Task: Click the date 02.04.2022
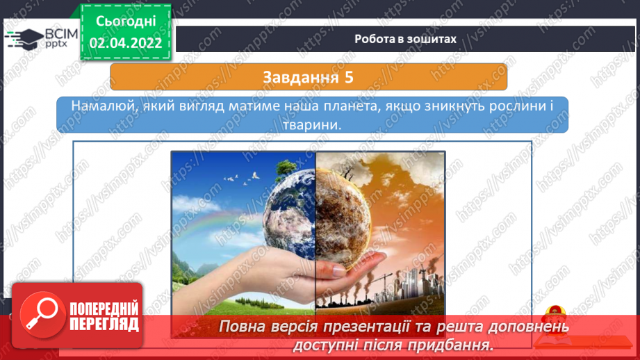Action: [126, 43]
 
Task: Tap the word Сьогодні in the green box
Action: [126, 22]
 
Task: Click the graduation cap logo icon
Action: [24, 39]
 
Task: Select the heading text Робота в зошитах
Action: [405, 39]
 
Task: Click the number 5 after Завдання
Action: [349, 78]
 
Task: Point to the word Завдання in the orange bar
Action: [301, 78]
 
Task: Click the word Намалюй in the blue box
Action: [104, 106]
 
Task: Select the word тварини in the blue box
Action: [312, 125]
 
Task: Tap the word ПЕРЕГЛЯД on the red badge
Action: [104, 325]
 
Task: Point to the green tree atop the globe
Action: [286, 169]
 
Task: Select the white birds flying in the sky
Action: [242, 179]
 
